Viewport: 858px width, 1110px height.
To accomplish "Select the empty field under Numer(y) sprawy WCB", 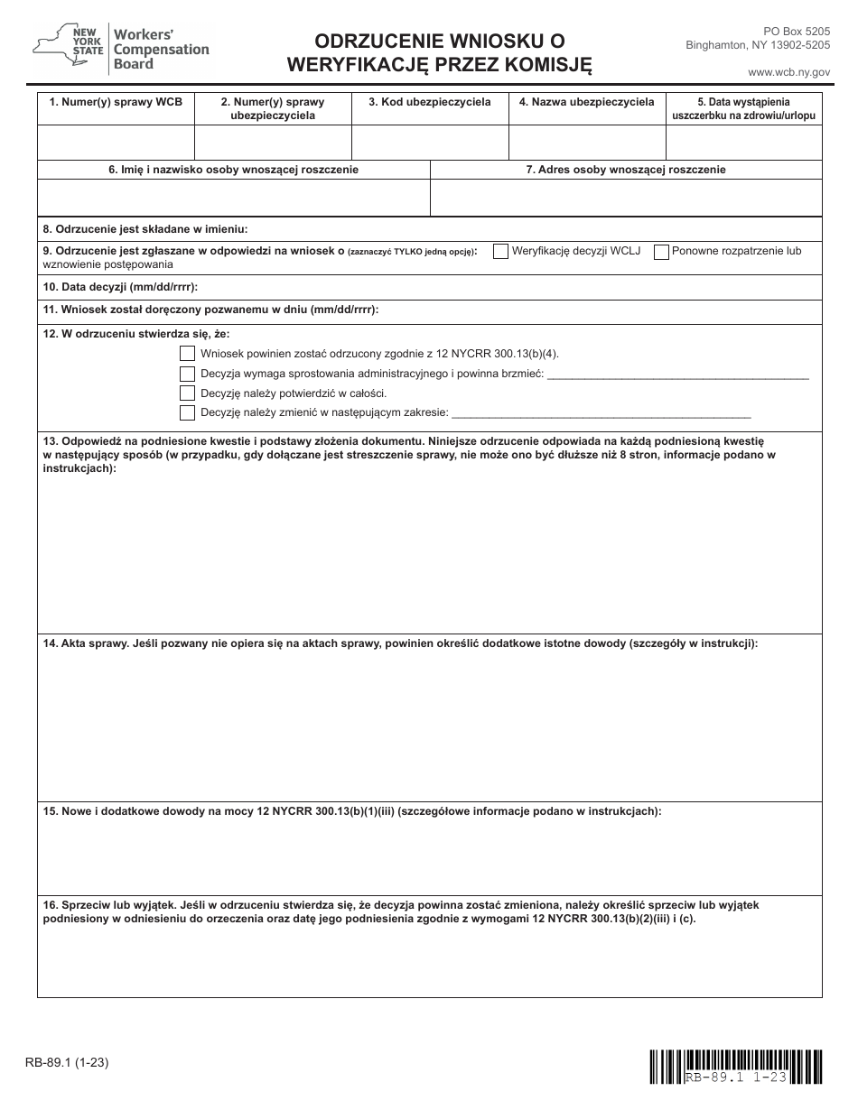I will click(x=116, y=143).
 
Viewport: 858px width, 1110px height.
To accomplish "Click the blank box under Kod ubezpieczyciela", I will click(x=430, y=143).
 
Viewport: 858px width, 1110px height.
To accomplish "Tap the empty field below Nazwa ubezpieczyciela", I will click(x=587, y=143).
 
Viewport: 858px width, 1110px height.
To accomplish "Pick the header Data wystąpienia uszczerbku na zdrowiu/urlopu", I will click(x=743, y=109).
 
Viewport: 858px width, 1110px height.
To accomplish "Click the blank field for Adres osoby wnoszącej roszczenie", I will click(x=626, y=198).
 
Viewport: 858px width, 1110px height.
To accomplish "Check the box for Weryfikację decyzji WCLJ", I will click(x=500, y=252).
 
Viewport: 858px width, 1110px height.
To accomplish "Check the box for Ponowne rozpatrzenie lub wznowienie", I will click(x=661, y=252).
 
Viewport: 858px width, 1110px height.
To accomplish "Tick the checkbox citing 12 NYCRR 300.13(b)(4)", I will click(x=187, y=355).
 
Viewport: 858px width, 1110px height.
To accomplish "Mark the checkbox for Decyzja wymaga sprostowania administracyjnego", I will click(x=187, y=375).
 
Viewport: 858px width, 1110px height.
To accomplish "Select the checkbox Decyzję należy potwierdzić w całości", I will click(x=187, y=393).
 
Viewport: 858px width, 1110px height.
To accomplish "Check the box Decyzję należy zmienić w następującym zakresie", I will click(x=187, y=413).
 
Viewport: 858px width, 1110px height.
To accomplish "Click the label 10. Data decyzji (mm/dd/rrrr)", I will click(x=120, y=287).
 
